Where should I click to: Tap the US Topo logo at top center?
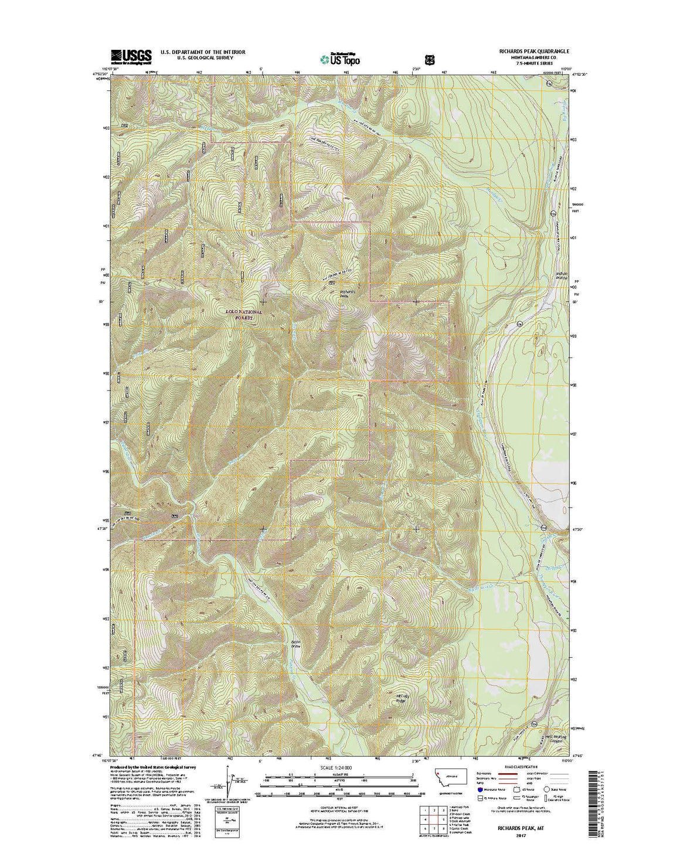click(x=341, y=58)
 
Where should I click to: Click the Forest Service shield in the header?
click(x=429, y=59)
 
